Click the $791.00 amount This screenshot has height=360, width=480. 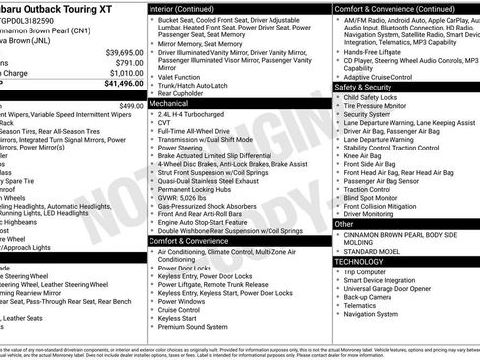tap(130, 62)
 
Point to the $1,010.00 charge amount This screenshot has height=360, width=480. tap(126, 73)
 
